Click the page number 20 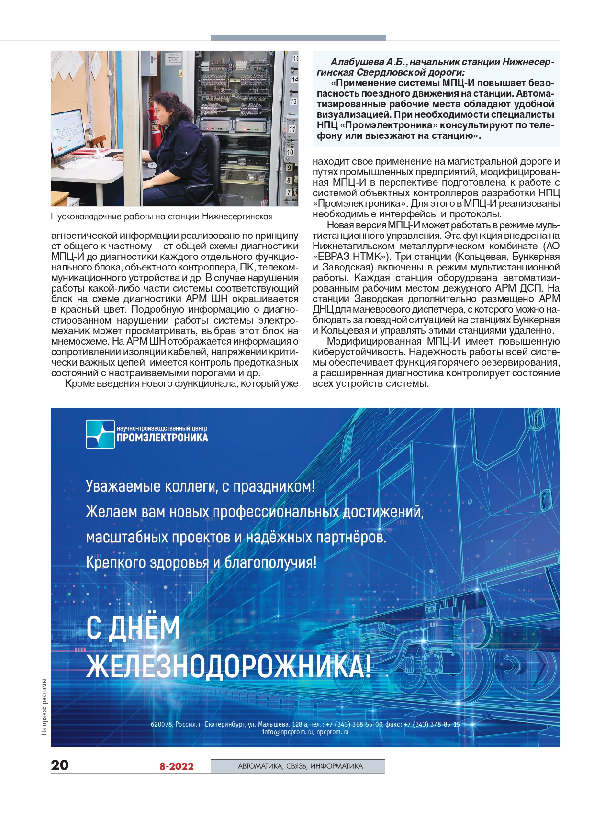pos(60,764)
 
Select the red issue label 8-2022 pos(176,766)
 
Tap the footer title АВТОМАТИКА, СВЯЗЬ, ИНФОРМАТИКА pos(300,766)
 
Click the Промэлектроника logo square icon pos(100,434)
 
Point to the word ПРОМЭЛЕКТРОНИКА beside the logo pos(162,438)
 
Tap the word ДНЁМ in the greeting pos(144,628)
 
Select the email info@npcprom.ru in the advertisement pos(287,732)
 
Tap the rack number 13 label pos(293,101)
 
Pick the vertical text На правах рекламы pos(45,706)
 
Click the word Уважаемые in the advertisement pos(123,486)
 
